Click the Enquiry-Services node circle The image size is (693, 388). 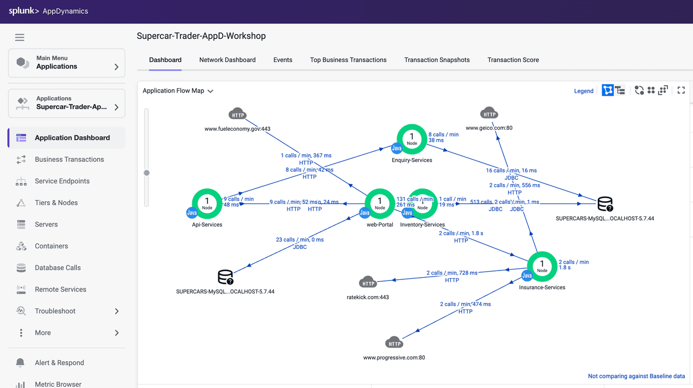coord(412,139)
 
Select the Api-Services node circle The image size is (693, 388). coord(207,203)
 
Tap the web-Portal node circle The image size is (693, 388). coord(379,203)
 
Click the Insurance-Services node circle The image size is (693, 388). coord(542,266)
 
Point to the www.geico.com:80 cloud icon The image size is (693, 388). coord(489,114)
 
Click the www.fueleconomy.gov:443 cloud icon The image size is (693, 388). coord(238,114)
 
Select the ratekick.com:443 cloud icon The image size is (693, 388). coord(368,283)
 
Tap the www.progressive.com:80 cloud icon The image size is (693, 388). coord(394,343)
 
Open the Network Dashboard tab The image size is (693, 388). coord(227,60)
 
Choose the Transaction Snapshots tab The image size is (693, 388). coord(437,60)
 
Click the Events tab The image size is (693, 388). coord(283,60)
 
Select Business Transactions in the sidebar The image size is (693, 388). coord(69,160)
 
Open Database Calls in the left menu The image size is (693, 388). coord(58,268)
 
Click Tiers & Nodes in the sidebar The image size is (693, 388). coord(56,203)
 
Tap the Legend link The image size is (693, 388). coord(583,91)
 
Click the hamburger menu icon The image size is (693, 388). coord(19,38)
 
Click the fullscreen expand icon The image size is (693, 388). coord(681,90)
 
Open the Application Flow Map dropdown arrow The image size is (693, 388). coord(211,91)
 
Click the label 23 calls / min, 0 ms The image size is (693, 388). coord(300,240)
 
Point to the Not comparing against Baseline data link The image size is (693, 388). coord(636,376)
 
